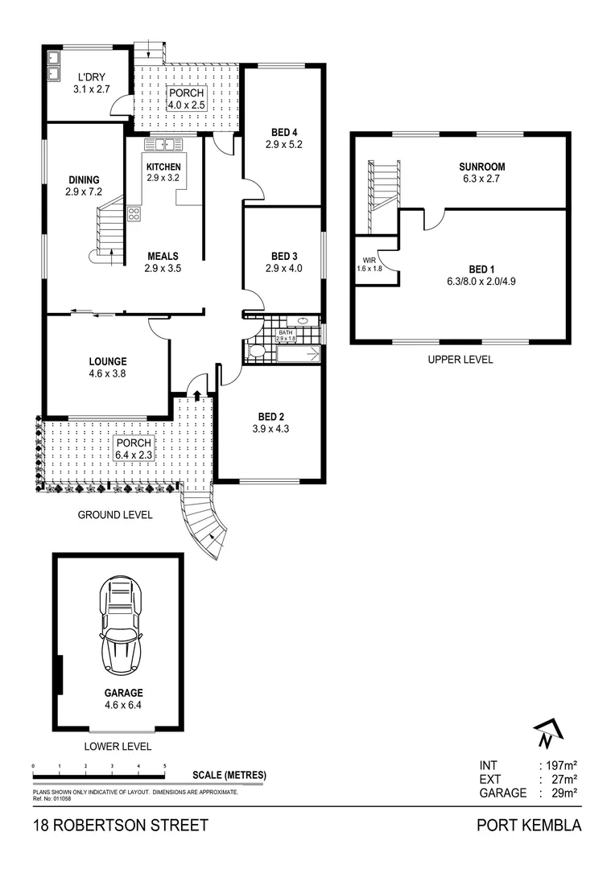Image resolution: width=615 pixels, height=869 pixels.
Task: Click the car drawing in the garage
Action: tap(121, 623)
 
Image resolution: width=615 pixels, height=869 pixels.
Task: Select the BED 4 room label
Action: tap(284, 133)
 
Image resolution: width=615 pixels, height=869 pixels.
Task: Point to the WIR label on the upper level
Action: tap(369, 260)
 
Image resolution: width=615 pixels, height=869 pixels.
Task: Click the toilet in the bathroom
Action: tap(257, 352)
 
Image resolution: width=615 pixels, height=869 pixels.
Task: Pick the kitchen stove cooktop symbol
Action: tap(134, 213)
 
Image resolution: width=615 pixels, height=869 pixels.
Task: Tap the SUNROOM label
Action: tap(481, 167)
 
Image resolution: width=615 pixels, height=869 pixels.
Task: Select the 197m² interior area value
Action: tap(562, 765)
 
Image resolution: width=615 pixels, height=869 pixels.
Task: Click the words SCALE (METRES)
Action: tap(229, 775)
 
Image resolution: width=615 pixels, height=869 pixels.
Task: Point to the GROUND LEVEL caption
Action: tap(115, 515)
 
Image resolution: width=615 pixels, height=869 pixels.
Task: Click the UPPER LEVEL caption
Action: tap(460, 360)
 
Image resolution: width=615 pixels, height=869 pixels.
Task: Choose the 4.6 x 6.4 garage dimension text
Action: tap(124, 705)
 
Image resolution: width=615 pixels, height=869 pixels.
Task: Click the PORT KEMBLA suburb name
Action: tap(529, 826)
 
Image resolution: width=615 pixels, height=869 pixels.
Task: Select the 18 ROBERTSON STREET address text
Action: tap(121, 826)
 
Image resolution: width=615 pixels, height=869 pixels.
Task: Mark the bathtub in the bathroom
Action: tap(299, 353)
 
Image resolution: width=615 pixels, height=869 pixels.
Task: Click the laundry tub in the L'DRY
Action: tap(53, 66)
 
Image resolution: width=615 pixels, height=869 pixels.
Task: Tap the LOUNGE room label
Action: tap(108, 361)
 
